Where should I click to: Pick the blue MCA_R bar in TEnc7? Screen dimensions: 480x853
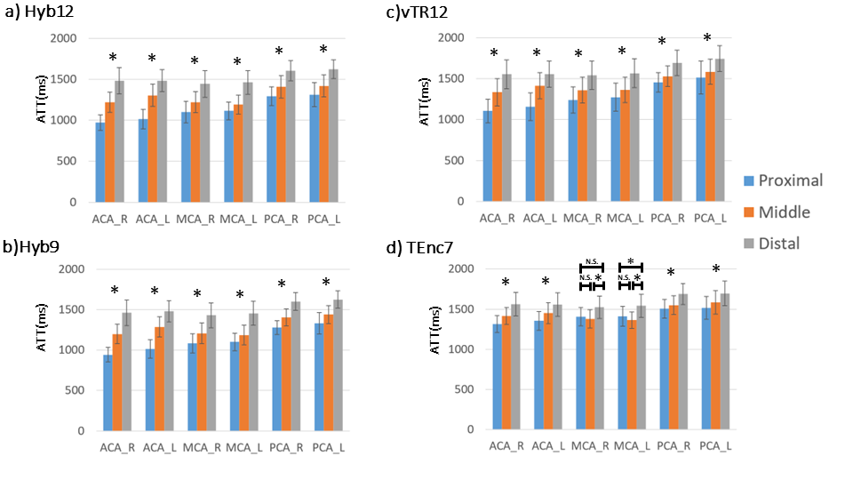coord(580,373)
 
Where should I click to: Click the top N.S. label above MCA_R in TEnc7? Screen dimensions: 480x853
coord(591,261)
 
